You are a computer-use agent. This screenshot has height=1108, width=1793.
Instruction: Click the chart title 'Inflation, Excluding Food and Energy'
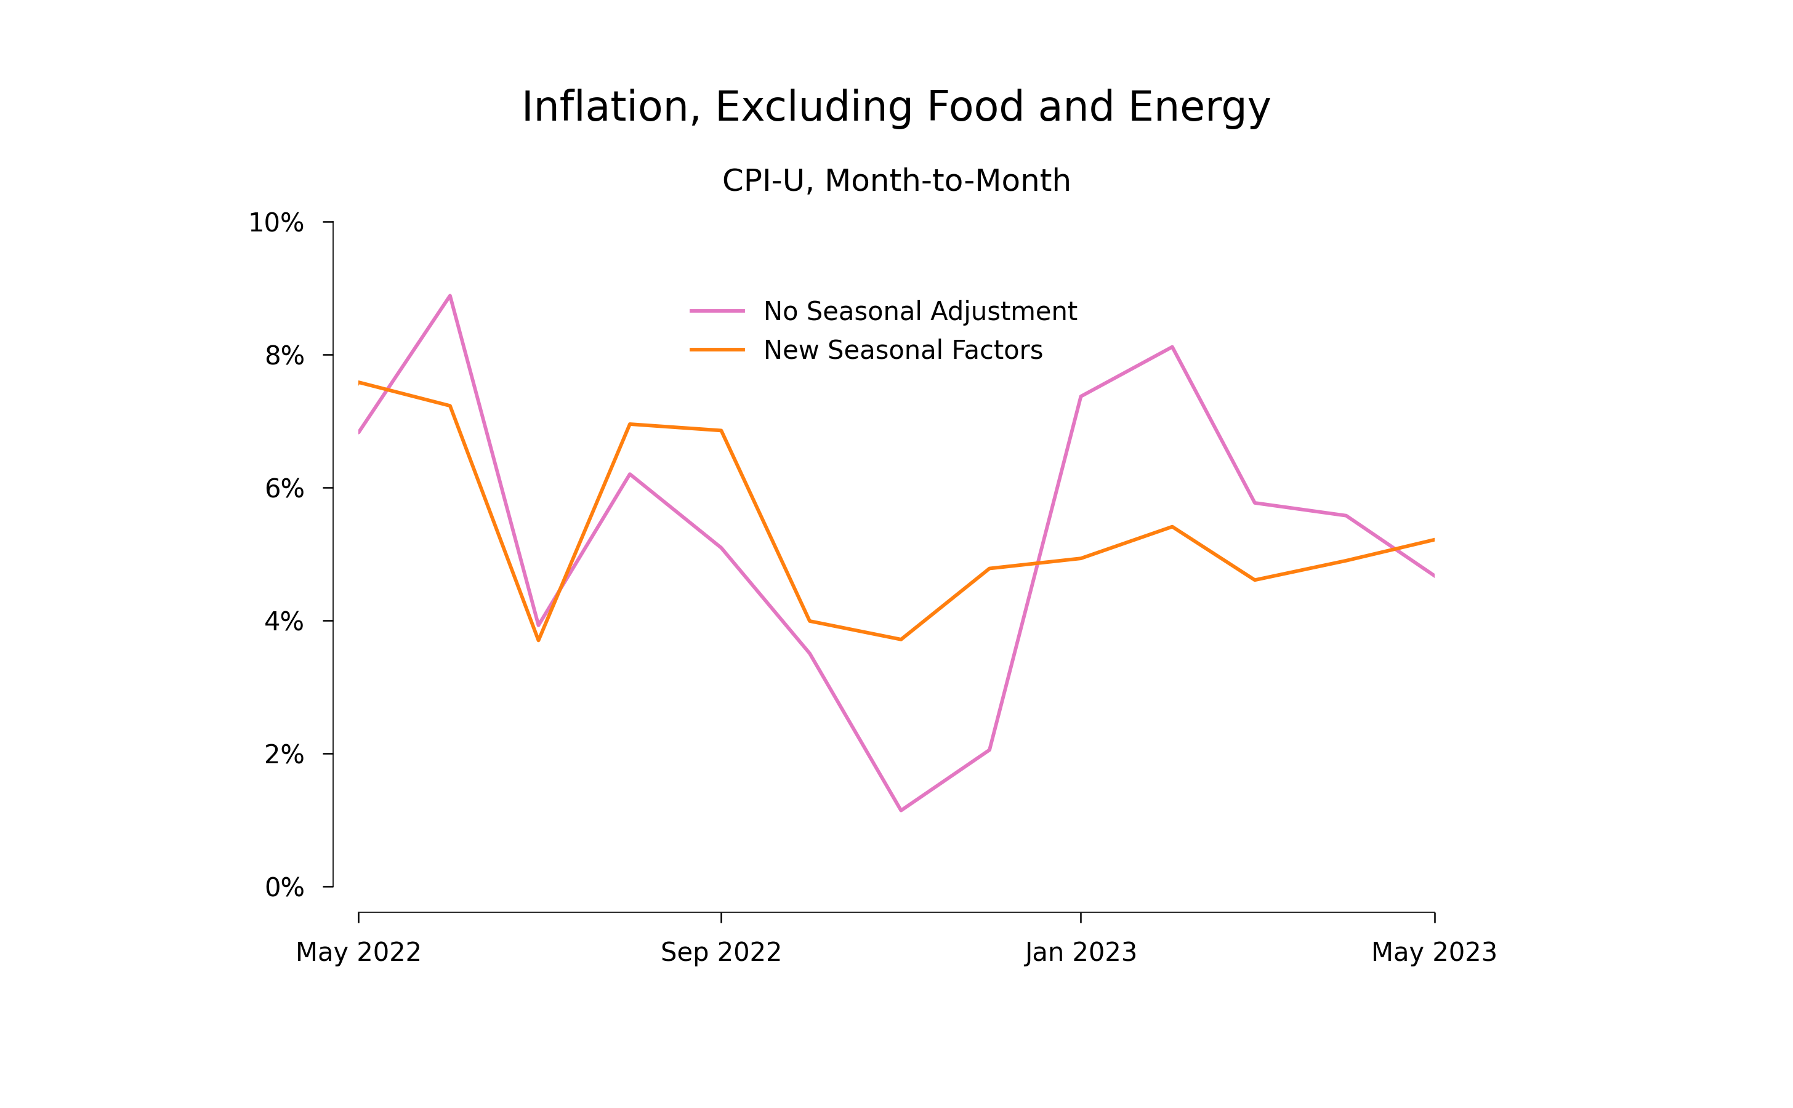(896, 107)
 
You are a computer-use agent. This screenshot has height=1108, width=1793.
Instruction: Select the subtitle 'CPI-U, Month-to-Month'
(896, 181)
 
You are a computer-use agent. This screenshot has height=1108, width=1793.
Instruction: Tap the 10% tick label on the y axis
(276, 223)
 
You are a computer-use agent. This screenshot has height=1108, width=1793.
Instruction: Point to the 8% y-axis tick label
(284, 356)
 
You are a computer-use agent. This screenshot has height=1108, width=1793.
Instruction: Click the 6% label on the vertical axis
(284, 489)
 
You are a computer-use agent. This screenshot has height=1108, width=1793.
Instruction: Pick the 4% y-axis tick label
(284, 622)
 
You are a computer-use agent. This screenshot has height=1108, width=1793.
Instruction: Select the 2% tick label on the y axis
(284, 755)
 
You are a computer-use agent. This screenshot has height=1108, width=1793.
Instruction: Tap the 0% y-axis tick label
(284, 888)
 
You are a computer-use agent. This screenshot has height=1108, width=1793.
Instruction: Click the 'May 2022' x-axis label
(358, 953)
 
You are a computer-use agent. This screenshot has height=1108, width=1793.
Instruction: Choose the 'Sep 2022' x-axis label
(720, 953)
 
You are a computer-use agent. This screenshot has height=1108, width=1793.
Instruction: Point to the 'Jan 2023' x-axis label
(1081, 953)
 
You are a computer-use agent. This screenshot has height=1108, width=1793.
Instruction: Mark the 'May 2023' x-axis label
(1434, 953)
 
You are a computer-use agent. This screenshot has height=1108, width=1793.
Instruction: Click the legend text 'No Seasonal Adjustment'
(920, 311)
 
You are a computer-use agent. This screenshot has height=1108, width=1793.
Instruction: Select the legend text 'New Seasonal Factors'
(903, 350)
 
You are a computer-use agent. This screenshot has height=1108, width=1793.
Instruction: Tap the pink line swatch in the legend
(717, 311)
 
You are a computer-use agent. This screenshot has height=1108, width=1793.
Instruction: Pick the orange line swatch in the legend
(717, 350)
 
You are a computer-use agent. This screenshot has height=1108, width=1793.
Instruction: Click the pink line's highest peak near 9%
(450, 296)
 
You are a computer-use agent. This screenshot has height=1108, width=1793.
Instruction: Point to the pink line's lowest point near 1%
(901, 811)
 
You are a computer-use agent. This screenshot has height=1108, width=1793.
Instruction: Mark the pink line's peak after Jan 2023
(1172, 347)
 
